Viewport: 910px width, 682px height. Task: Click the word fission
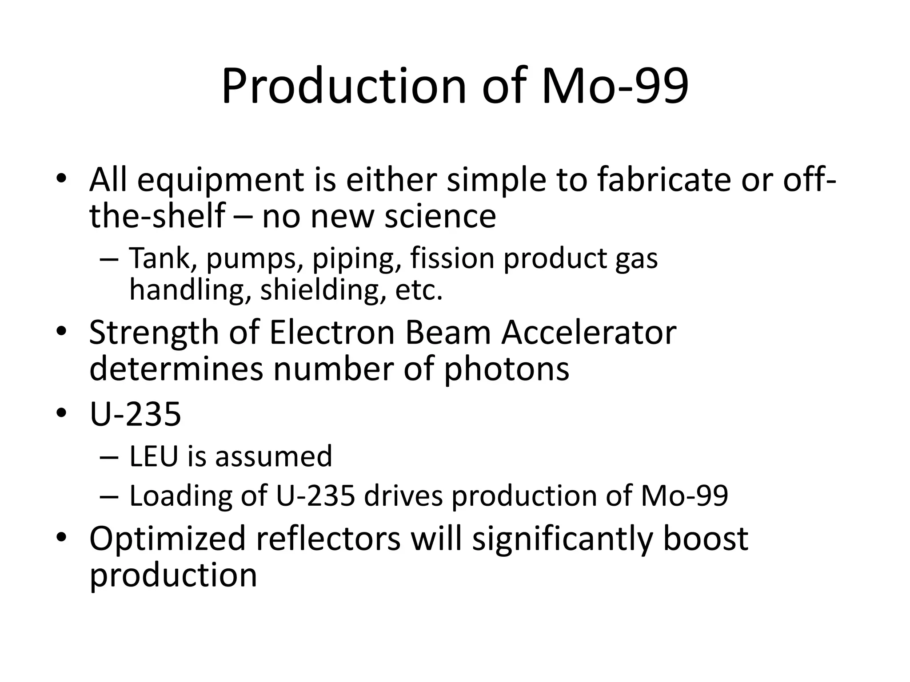(452, 258)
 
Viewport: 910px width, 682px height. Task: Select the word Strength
(154, 333)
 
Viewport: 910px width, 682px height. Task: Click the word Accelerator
(589, 333)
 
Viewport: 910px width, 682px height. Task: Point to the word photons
(507, 369)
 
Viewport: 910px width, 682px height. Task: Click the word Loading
(180, 496)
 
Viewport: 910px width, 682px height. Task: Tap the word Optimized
(168, 539)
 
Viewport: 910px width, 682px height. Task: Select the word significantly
(562, 539)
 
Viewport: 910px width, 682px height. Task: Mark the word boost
(706, 539)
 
